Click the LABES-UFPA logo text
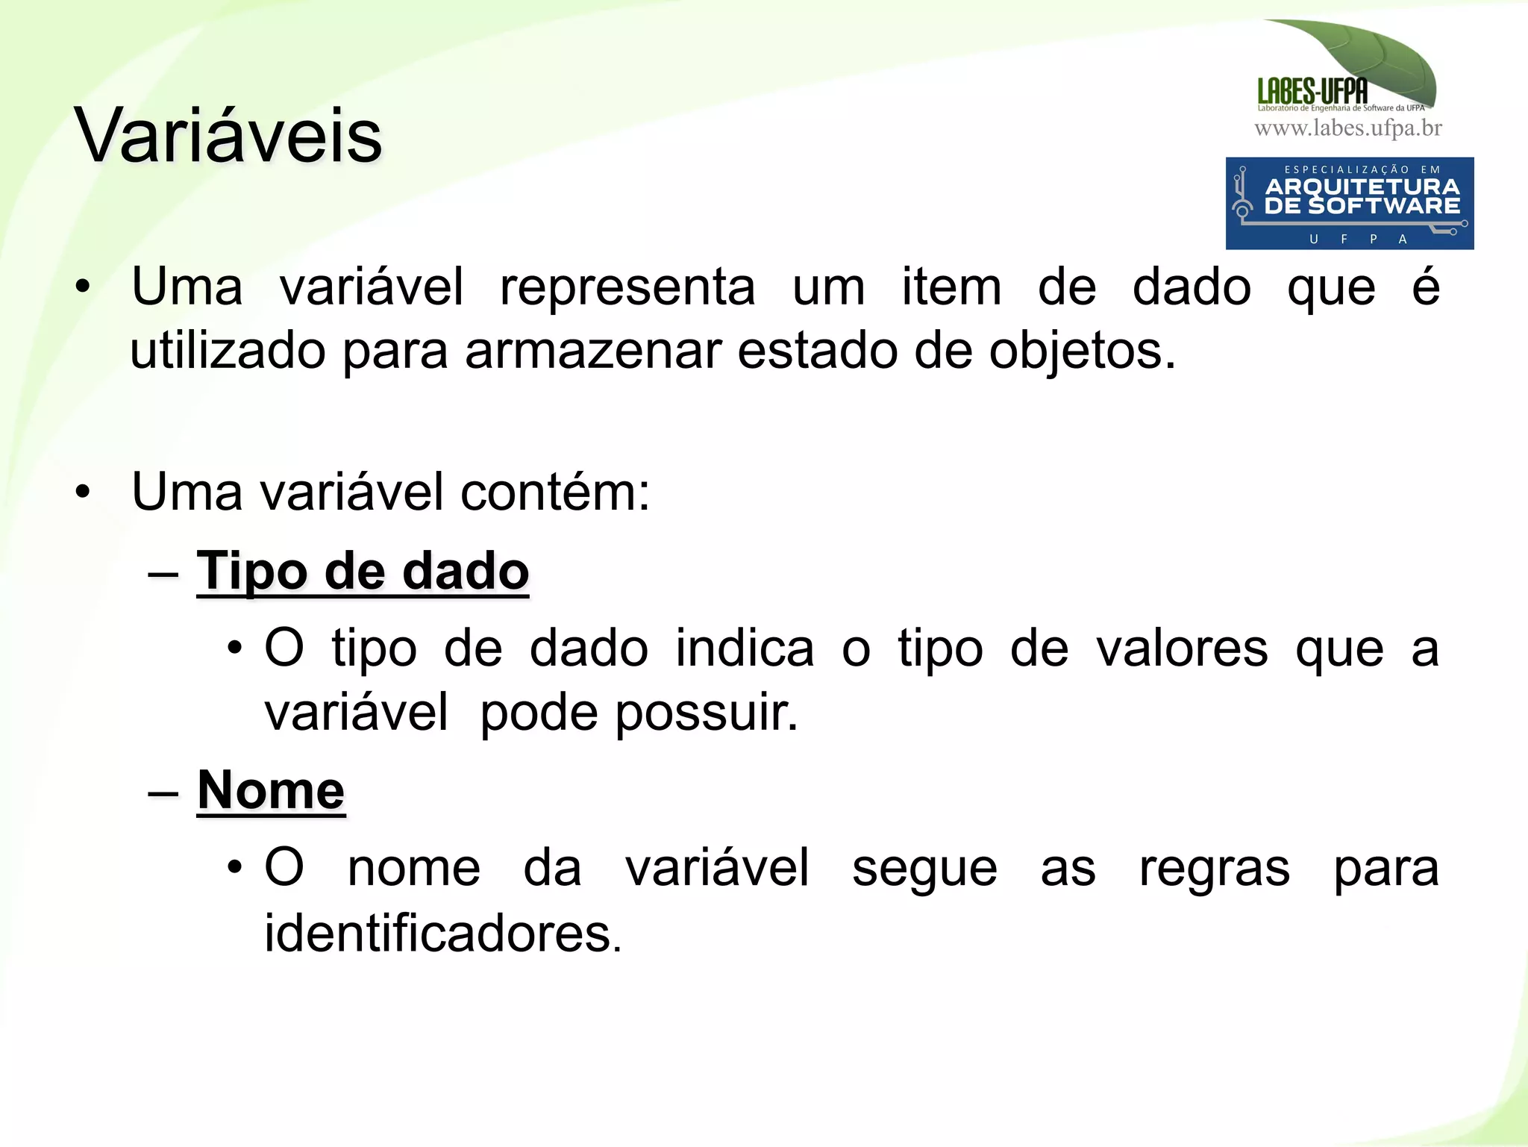point(1312,92)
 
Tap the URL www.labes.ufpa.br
point(1348,128)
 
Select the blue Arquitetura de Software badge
point(1349,203)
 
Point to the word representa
point(627,287)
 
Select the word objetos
point(1082,351)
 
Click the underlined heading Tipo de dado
point(363,572)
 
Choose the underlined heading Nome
point(271,790)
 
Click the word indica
point(745,648)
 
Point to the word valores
point(1182,648)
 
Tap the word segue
point(924,868)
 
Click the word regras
point(1214,868)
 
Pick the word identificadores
point(443,933)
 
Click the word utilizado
point(228,351)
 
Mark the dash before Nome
point(163,792)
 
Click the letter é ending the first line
point(1425,287)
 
